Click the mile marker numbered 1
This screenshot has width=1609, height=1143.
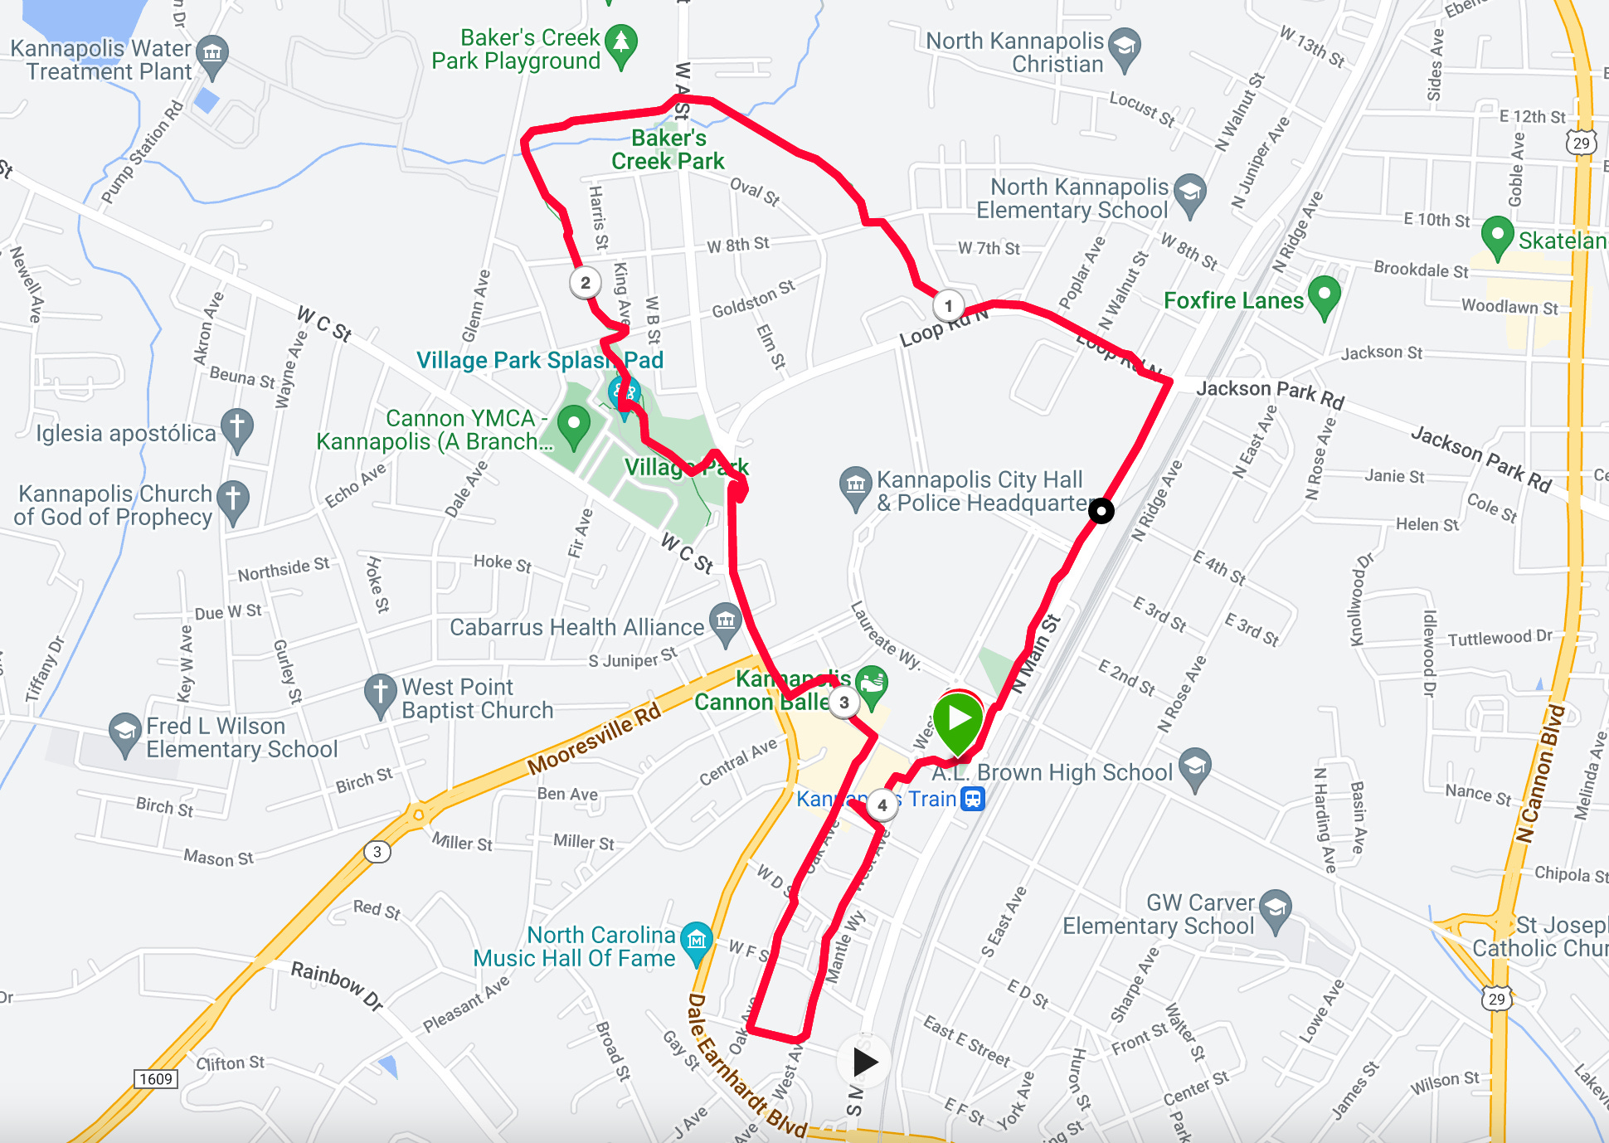click(948, 306)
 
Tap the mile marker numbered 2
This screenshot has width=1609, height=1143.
click(585, 283)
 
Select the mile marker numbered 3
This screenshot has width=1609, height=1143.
click(843, 703)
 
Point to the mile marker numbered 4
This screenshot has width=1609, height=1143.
click(882, 805)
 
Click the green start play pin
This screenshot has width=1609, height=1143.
click(958, 719)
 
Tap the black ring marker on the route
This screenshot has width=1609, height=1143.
click(1101, 511)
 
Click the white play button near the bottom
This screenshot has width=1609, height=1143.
click(864, 1061)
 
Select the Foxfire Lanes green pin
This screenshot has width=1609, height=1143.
click(1324, 295)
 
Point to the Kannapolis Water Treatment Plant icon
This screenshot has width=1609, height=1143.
click(212, 55)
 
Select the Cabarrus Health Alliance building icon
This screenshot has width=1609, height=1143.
click(726, 622)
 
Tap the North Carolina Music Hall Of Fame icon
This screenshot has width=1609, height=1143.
click(696, 941)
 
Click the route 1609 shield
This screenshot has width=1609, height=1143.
click(156, 1079)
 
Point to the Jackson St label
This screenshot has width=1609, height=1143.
click(1382, 353)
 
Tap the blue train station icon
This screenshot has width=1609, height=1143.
click(973, 799)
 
